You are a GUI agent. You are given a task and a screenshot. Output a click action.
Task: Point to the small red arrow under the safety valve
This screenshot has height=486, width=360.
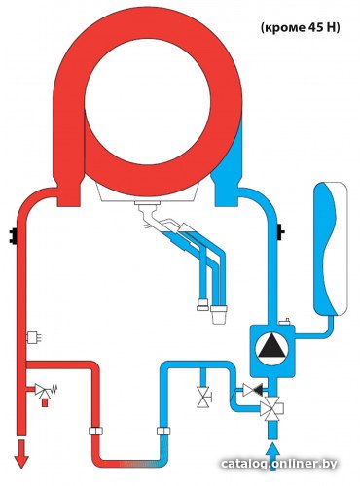pyautogui.click(x=45, y=402)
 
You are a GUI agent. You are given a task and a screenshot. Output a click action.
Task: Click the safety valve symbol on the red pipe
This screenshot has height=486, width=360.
pyautogui.click(x=46, y=390)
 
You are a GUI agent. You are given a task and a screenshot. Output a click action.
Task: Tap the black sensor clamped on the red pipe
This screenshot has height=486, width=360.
pyautogui.click(x=13, y=236)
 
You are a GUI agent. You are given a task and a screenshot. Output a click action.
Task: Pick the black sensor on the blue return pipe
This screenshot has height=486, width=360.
pyautogui.click(x=280, y=232)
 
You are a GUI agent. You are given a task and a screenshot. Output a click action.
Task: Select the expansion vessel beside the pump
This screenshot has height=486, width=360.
pyautogui.click(x=330, y=249)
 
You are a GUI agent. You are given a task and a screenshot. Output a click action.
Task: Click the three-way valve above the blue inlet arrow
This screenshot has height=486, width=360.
pyautogui.click(x=271, y=409)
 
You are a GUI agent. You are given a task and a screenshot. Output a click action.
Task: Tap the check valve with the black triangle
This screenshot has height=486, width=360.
pyautogui.click(x=253, y=390)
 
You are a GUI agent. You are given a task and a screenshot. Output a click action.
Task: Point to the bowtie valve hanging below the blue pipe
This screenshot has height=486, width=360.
pyautogui.click(x=203, y=398)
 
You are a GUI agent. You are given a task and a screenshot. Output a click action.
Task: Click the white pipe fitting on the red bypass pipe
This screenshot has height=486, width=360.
pyautogui.click(x=95, y=431)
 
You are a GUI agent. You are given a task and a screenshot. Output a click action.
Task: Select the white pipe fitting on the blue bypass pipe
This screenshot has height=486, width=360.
pyautogui.click(x=163, y=431)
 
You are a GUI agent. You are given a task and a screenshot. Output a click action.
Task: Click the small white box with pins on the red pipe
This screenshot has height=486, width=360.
pyautogui.click(x=33, y=338)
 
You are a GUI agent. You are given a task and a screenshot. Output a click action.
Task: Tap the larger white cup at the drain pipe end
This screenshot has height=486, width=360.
pyautogui.click(x=219, y=314)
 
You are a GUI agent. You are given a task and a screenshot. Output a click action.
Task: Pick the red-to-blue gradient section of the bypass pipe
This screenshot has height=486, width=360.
pyautogui.click(x=140, y=464)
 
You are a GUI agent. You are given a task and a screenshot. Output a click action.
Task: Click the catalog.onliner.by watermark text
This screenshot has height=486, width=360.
pyautogui.click(x=279, y=464)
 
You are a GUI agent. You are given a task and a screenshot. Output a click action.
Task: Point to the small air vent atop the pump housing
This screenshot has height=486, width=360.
pyautogui.click(x=284, y=322)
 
